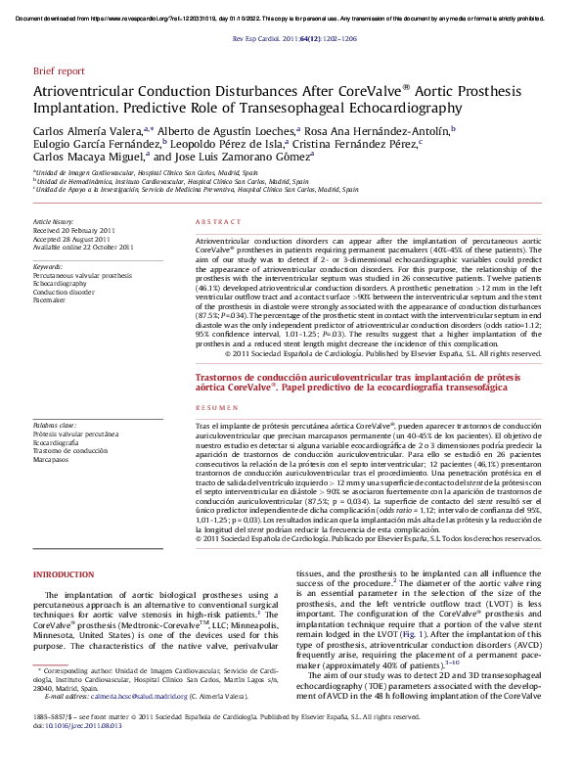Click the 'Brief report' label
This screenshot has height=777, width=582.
[59, 71]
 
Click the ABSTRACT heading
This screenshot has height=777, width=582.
[217, 222]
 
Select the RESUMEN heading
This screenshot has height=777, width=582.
[216, 406]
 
